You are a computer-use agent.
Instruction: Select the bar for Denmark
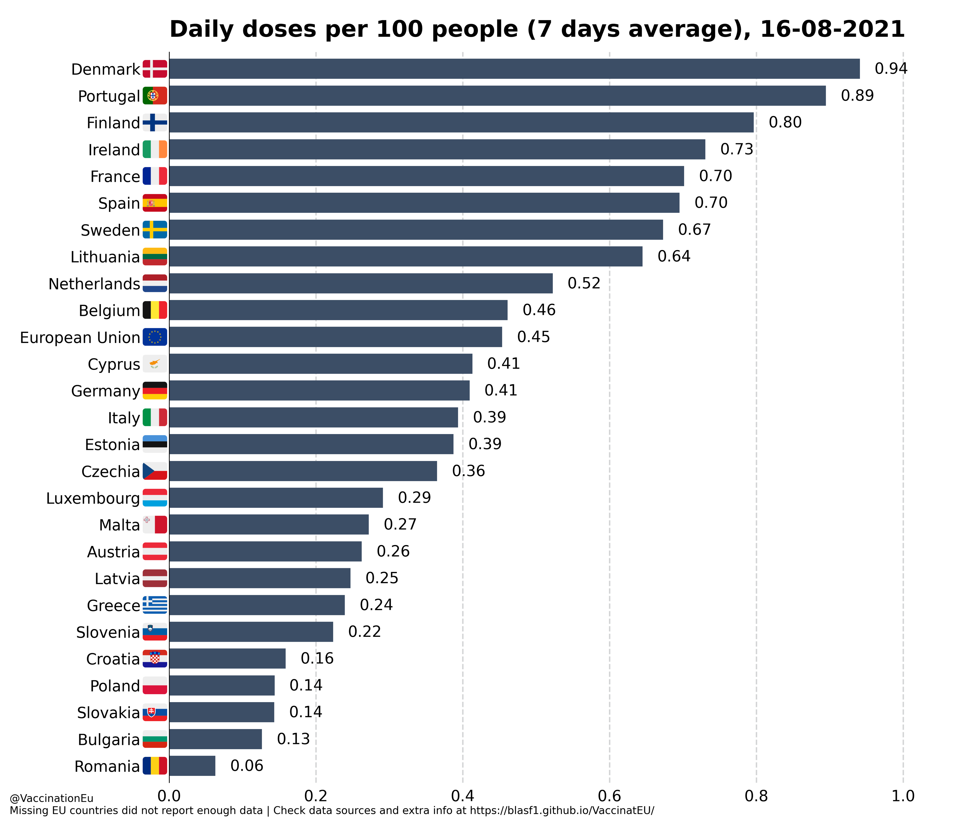click(514, 69)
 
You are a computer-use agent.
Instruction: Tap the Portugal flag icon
click(155, 96)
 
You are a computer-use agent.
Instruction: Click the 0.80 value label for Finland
click(785, 123)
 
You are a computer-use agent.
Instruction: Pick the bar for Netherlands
click(361, 283)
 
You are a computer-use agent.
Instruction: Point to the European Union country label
click(80, 337)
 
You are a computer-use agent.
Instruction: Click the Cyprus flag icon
click(155, 364)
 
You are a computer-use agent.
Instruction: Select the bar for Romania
click(192, 766)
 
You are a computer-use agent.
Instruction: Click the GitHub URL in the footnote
click(562, 811)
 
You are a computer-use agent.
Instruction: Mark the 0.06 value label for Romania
click(247, 766)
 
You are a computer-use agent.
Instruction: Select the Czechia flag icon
click(155, 471)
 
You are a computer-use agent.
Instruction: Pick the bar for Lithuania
click(406, 256)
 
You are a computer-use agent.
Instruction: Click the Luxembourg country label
click(93, 498)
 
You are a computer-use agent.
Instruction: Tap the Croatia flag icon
click(155, 659)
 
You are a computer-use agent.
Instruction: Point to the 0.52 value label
click(584, 283)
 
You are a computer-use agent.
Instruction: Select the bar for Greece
click(257, 605)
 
